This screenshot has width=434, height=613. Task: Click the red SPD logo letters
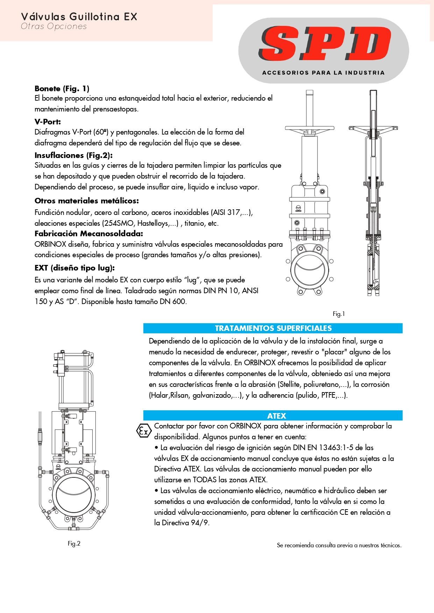(x=323, y=44)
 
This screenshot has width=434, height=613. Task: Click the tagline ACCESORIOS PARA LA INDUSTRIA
(x=323, y=73)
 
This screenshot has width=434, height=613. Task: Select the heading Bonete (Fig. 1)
(x=62, y=88)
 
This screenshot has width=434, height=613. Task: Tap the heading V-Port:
(x=48, y=122)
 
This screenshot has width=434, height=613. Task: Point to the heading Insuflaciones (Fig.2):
(x=73, y=155)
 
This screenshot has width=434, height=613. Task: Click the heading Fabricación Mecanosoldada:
(x=88, y=233)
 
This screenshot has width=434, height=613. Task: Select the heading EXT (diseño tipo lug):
(x=74, y=268)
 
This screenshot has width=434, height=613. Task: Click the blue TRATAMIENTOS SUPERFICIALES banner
(x=273, y=328)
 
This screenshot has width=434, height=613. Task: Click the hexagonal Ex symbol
(x=143, y=431)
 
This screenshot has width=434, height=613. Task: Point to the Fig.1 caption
(x=339, y=314)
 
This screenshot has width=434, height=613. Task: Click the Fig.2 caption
(x=74, y=543)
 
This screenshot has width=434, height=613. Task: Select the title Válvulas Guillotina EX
(x=79, y=17)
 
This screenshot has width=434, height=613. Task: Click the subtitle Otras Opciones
(x=54, y=27)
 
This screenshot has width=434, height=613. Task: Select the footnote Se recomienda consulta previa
(x=339, y=545)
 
